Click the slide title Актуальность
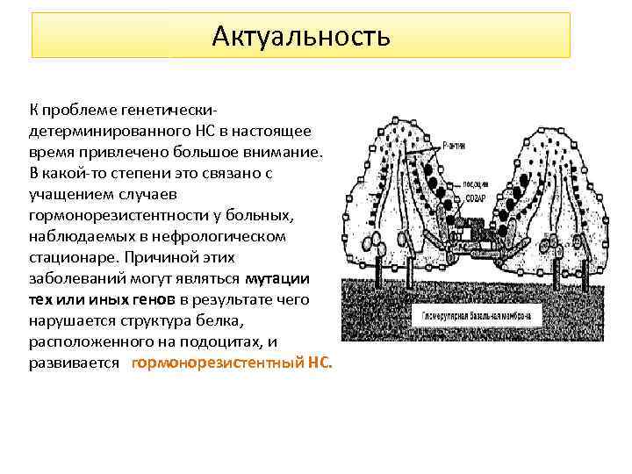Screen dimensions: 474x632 pyautogui.click(x=300, y=36)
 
